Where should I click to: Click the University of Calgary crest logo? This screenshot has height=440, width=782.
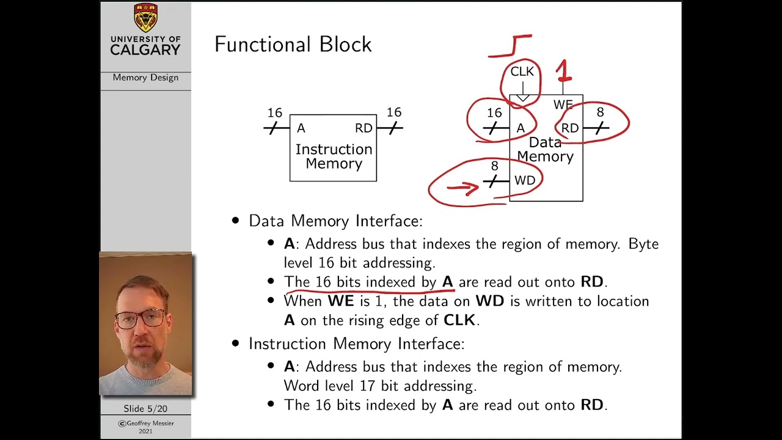pos(145,18)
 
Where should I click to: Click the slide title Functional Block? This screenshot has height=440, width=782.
pos(293,45)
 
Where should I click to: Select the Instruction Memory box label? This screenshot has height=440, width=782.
pos(334,156)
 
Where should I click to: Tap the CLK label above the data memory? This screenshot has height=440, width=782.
pos(522,71)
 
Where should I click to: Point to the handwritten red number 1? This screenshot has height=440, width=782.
pos(564,71)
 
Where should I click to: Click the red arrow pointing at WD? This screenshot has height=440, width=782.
pos(462,188)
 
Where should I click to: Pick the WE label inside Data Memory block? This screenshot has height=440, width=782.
pos(563,105)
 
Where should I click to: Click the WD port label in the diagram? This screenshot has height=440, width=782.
pos(525,180)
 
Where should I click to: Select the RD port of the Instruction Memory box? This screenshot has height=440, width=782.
pos(364,128)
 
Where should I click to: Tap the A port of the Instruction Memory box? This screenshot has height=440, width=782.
pos(301,128)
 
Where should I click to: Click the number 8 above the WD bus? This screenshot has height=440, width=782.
pos(494,166)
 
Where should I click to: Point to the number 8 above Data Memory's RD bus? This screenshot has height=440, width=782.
pos(600,112)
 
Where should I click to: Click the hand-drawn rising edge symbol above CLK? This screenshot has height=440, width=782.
pos(511,46)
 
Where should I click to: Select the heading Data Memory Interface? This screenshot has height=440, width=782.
pos(335,221)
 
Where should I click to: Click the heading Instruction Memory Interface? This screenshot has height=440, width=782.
pos(356,343)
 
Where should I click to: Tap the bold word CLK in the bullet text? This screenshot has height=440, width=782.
pos(460,320)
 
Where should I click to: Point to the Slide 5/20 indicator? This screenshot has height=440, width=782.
pos(145,408)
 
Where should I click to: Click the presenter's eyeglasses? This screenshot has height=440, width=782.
pos(140,318)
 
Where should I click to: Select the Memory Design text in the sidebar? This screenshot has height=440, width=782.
pos(145,78)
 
